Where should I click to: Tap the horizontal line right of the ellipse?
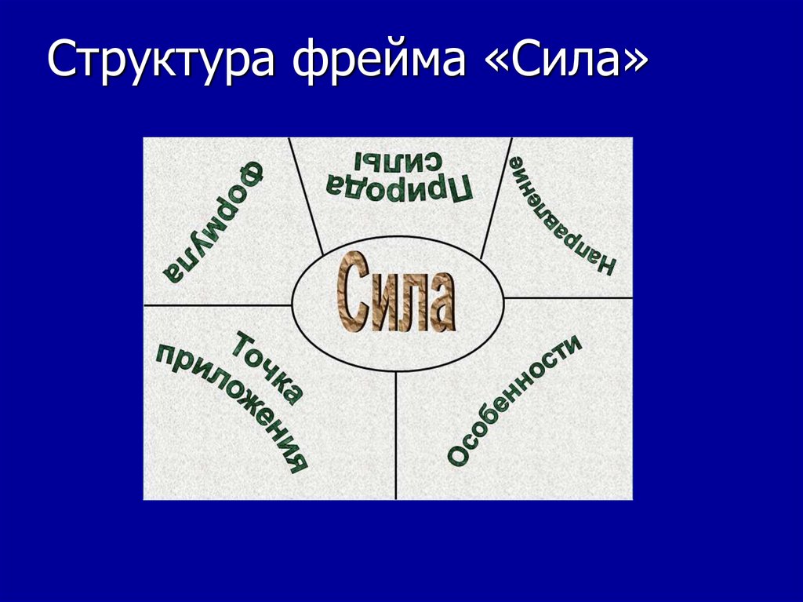(569, 298)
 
